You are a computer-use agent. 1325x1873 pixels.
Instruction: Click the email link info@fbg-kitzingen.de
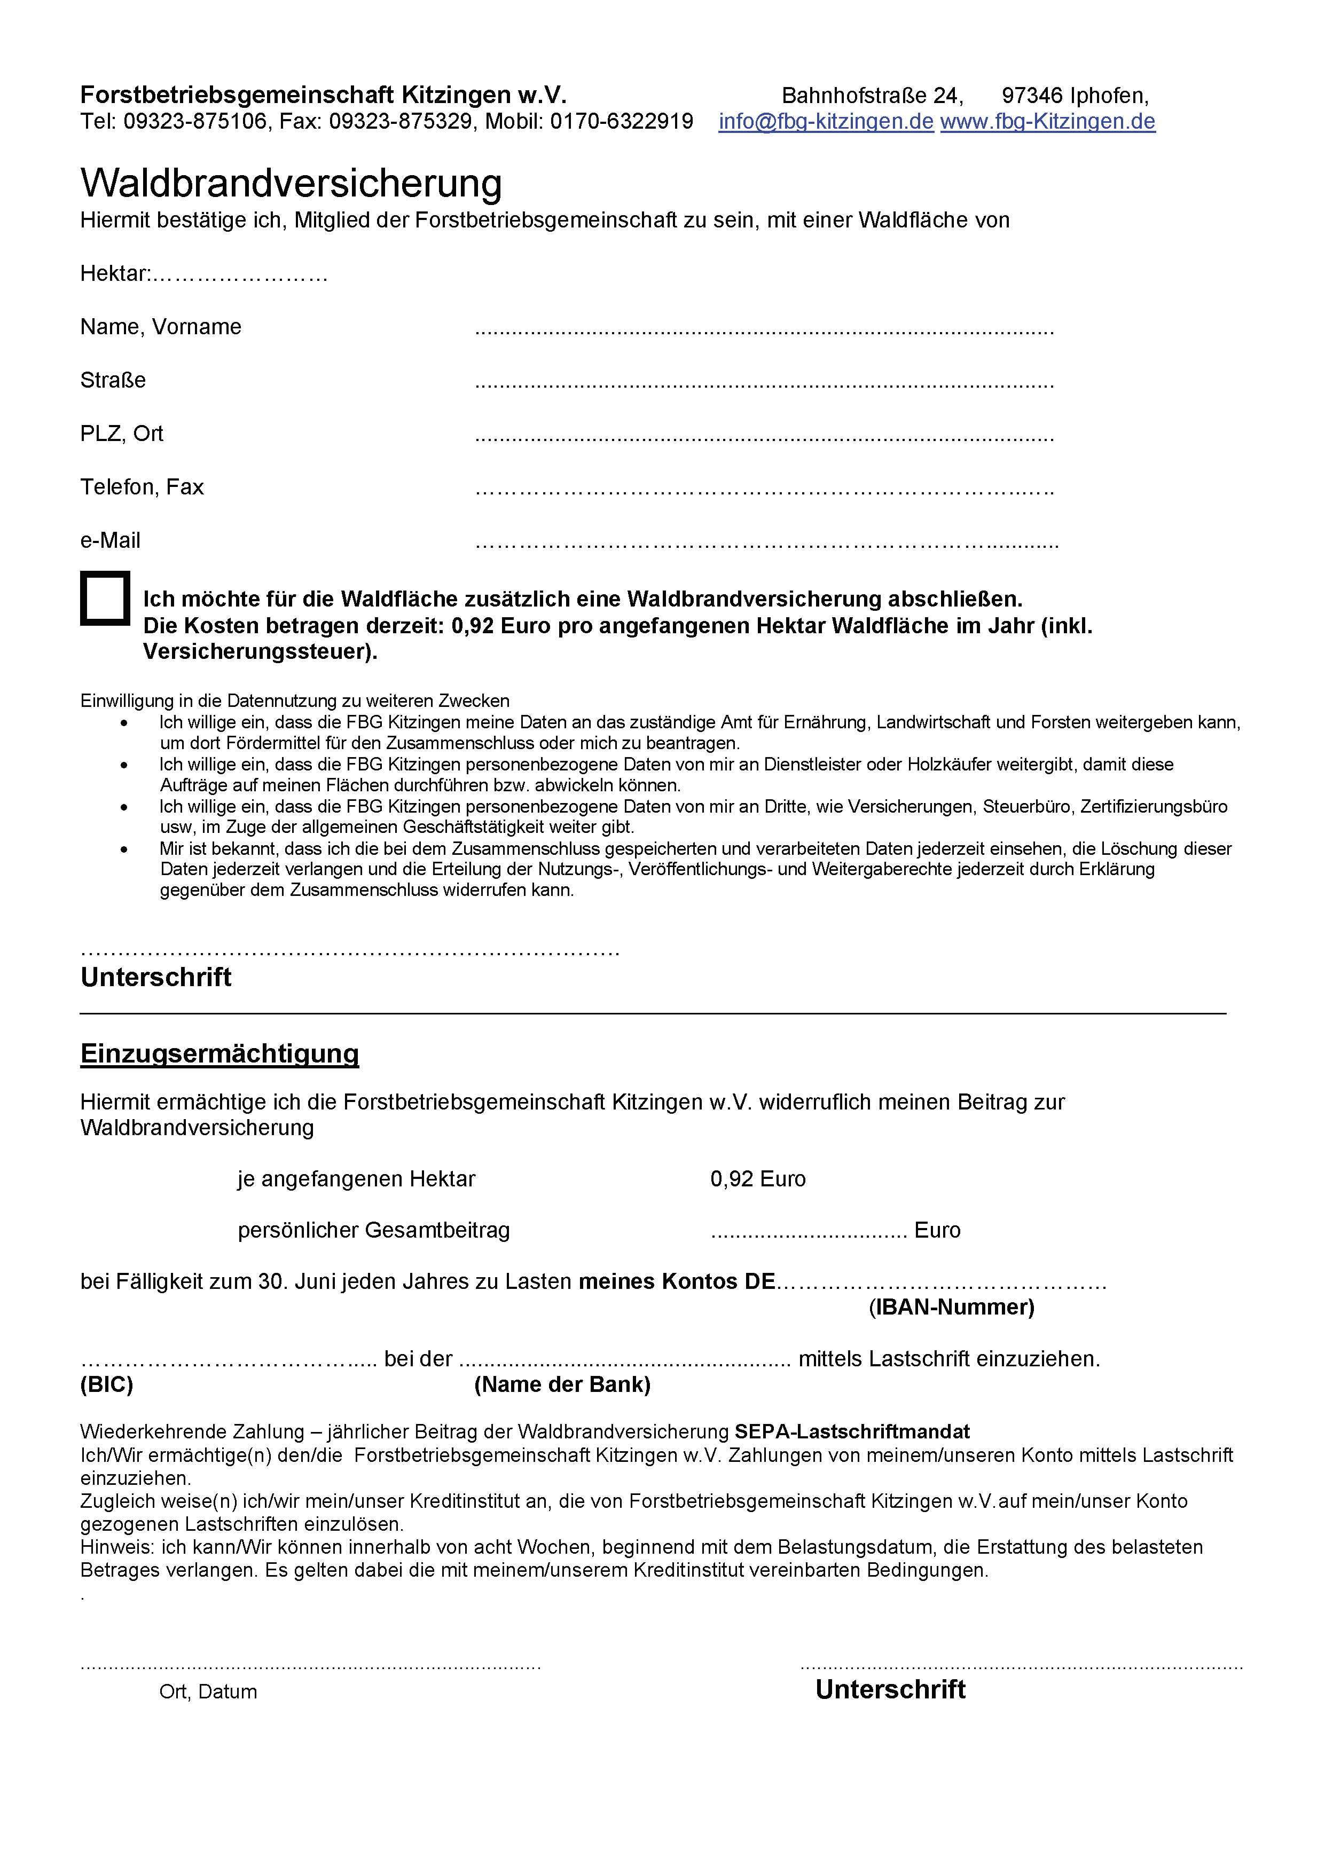826,122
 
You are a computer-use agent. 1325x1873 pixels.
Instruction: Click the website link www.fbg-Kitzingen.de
1048,122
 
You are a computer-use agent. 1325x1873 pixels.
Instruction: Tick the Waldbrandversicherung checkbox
105,598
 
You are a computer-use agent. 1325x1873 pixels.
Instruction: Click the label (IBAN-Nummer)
951,1307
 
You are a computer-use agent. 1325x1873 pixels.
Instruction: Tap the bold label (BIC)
107,1384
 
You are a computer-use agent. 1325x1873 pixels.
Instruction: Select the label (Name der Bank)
562,1384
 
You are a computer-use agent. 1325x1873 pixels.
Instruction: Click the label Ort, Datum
208,1692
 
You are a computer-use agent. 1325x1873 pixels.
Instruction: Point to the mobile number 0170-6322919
621,122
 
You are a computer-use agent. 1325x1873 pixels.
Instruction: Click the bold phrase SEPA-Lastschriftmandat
852,1431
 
